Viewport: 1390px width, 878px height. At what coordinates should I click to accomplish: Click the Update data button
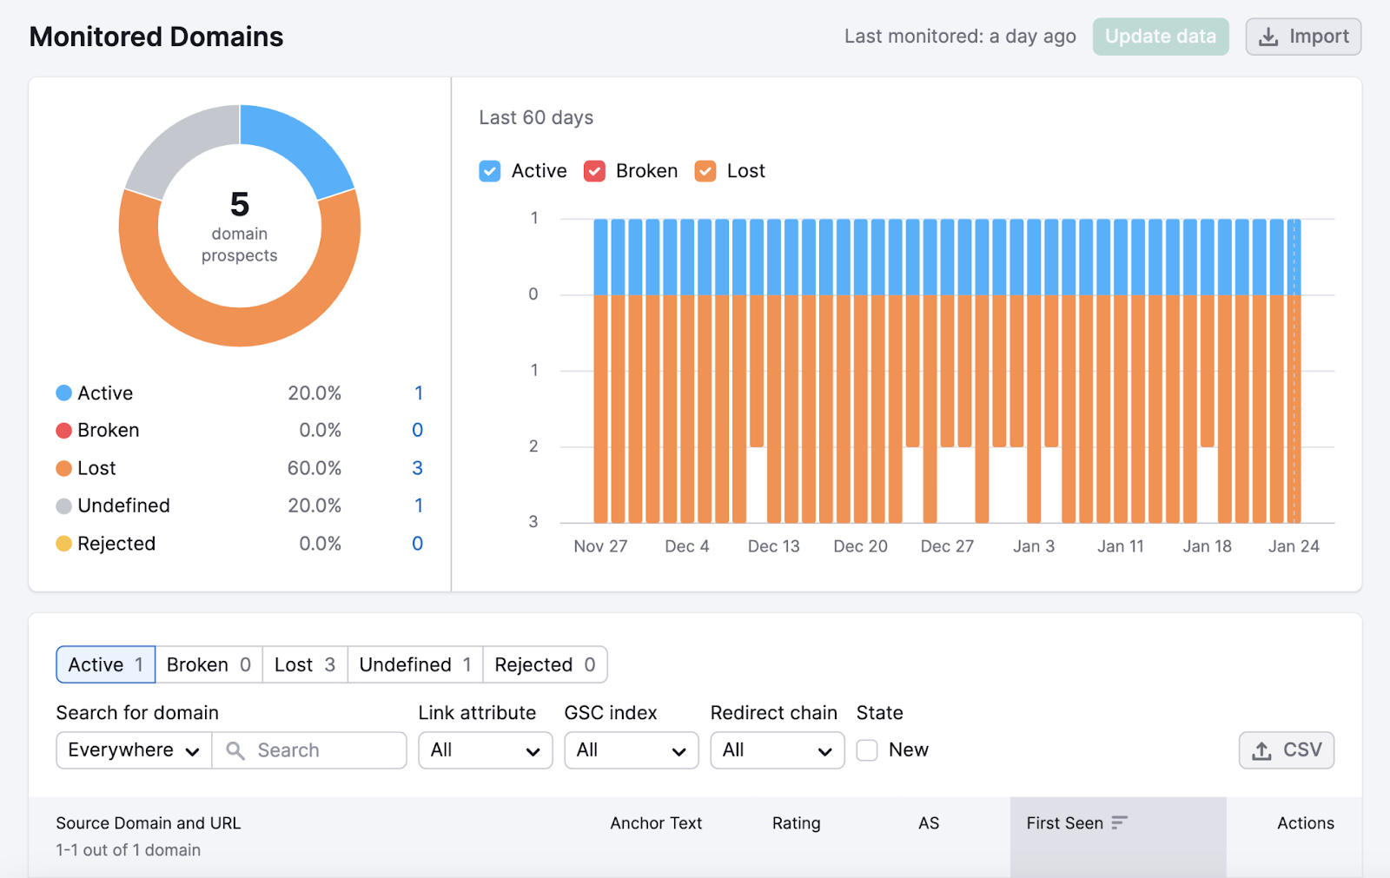(x=1160, y=36)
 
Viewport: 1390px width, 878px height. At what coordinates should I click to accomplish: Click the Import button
(x=1302, y=36)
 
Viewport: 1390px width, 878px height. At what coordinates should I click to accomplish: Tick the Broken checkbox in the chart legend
(x=594, y=171)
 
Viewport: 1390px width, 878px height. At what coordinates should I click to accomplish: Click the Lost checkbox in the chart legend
(x=705, y=171)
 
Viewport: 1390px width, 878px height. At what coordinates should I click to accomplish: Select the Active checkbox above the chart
(x=490, y=171)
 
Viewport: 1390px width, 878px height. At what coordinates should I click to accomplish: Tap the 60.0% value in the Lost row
(x=314, y=468)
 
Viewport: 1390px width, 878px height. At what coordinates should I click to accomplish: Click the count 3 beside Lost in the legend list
(x=417, y=468)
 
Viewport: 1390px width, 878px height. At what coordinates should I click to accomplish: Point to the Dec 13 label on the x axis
(x=773, y=546)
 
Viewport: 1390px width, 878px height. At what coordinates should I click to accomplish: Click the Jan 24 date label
(x=1293, y=546)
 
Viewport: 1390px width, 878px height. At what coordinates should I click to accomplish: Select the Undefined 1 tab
(x=414, y=664)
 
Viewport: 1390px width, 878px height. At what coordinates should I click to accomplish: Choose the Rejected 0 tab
(x=545, y=664)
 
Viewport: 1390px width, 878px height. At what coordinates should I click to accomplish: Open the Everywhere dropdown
(x=134, y=750)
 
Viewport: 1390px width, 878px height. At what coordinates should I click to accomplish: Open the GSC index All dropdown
(x=631, y=750)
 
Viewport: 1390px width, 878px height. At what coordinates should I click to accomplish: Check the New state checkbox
(x=867, y=750)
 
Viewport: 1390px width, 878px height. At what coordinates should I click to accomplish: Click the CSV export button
(x=1286, y=750)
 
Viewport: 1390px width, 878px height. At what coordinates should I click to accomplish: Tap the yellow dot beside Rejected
(x=63, y=544)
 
